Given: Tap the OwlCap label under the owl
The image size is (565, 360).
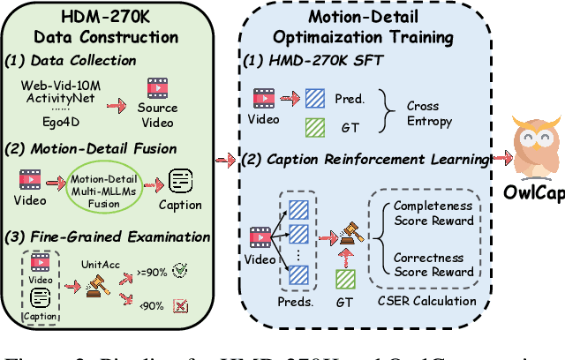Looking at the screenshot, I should (x=536, y=193).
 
